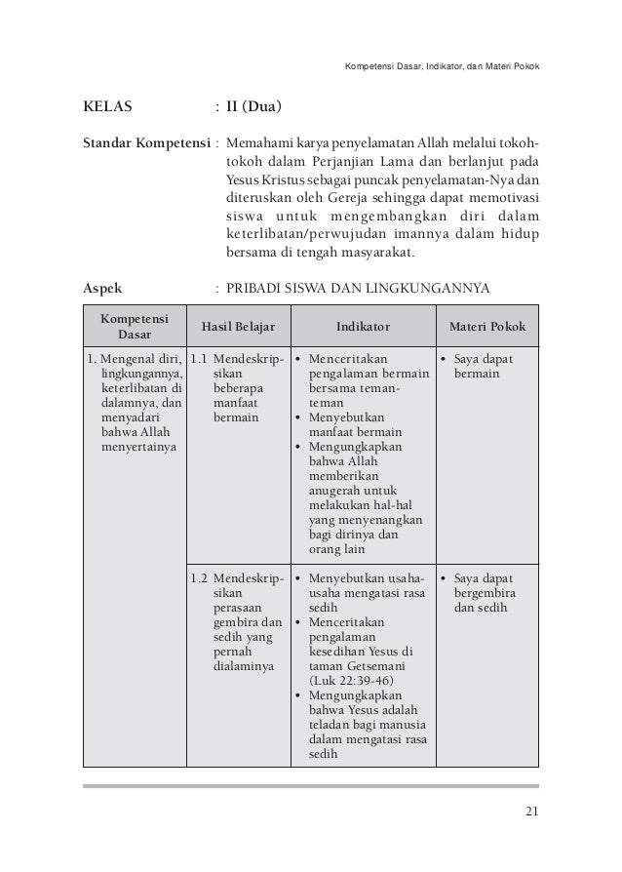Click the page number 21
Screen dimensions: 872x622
(x=530, y=813)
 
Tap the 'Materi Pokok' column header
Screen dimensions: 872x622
(x=486, y=326)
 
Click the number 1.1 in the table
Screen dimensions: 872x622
(x=198, y=360)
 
